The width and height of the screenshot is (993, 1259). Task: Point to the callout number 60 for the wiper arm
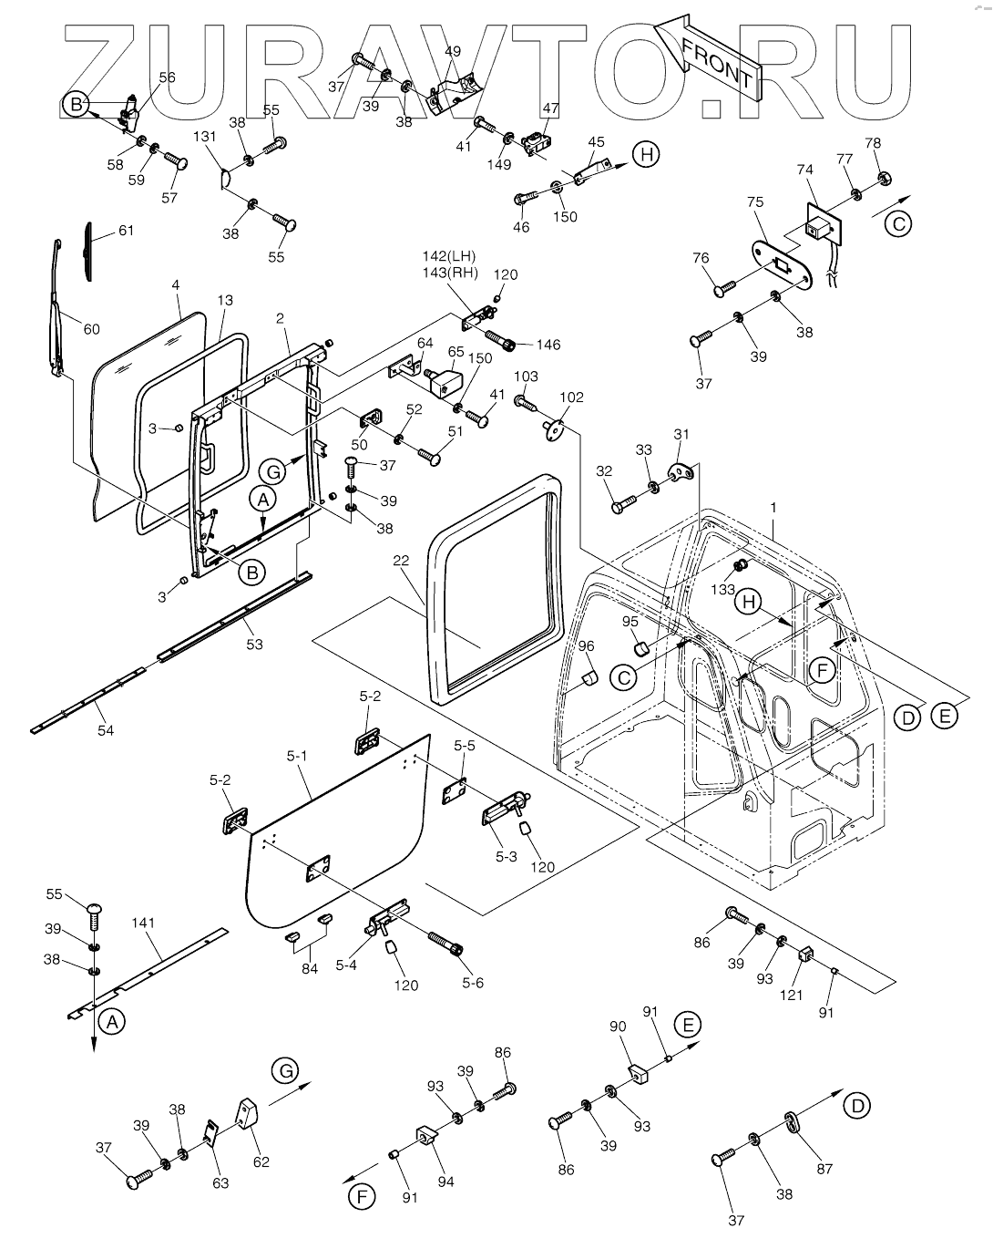[91, 328]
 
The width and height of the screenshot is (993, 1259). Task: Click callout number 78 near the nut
[873, 143]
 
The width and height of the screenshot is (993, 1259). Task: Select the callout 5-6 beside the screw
[474, 983]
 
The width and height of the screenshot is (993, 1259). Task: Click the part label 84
[310, 968]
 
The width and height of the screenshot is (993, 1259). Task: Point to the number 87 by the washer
[824, 1169]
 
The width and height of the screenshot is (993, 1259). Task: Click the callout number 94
[445, 1182]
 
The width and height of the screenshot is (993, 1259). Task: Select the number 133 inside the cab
[723, 590]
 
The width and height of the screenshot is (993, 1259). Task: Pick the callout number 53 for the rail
[254, 645]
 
